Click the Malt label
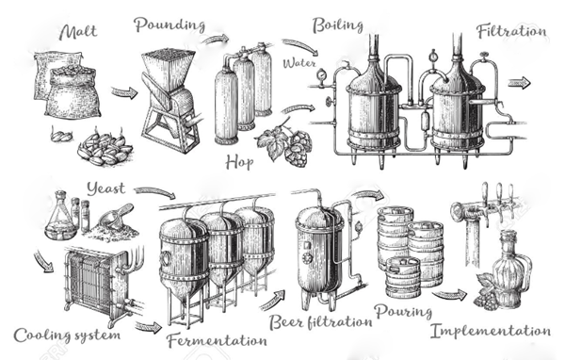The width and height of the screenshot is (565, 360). [78, 32]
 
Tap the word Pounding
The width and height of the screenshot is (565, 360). [169, 25]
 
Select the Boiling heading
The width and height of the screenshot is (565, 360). [337, 25]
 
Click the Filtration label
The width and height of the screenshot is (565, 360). [511, 31]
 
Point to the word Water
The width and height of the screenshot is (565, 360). [299, 63]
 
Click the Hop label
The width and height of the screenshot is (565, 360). [239, 163]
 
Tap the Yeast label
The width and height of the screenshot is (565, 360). [105, 188]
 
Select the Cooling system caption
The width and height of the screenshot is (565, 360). [67, 335]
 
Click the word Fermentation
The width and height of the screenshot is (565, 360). [217, 340]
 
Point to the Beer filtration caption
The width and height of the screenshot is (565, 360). [321, 321]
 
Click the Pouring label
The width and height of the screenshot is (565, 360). [403, 312]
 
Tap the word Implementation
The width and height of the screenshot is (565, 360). [491, 331]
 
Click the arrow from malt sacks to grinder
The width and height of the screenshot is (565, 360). [124, 92]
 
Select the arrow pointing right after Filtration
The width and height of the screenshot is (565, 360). [519, 83]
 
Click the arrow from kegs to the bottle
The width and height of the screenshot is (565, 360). [449, 294]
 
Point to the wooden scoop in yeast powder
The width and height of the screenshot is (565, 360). [115, 217]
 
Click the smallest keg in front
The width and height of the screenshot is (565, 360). [404, 278]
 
